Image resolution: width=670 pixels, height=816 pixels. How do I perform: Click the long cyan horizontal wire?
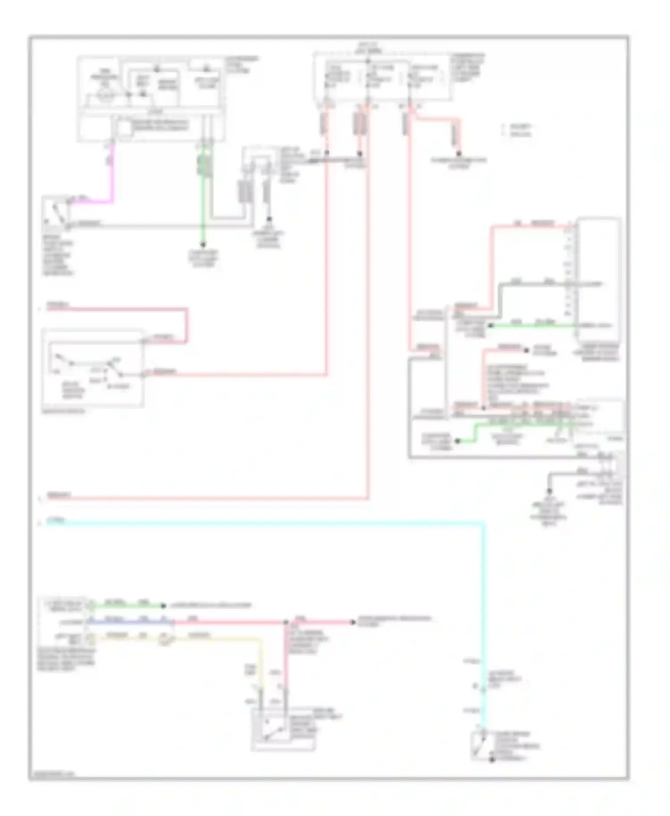[x=268, y=522]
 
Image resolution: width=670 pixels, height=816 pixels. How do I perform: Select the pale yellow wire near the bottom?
[x=214, y=639]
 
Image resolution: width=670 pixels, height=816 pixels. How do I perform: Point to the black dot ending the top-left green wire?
[x=203, y=245]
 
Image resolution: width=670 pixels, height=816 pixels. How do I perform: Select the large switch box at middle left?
[x=92, y=368]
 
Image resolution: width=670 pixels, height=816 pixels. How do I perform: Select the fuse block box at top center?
[x=382, y=77]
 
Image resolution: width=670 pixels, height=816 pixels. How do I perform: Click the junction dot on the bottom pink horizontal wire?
[x=286, y=622]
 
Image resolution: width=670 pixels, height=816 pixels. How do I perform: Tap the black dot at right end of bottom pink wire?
[x=353, y=622]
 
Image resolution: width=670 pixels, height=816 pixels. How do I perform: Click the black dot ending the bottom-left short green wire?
[x=162, y=606]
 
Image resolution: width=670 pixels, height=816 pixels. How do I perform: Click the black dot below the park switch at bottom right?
[x=492, y=759]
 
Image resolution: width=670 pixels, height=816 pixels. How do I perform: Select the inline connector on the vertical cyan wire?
[x=483, y=690]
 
